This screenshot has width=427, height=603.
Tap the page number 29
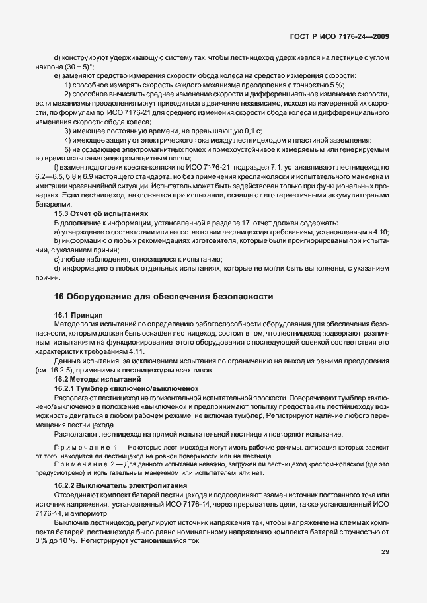click(x=385, y=571)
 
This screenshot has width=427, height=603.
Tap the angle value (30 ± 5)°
click(x=75, y=67)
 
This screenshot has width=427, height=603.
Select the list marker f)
click(x=57, y=167)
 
